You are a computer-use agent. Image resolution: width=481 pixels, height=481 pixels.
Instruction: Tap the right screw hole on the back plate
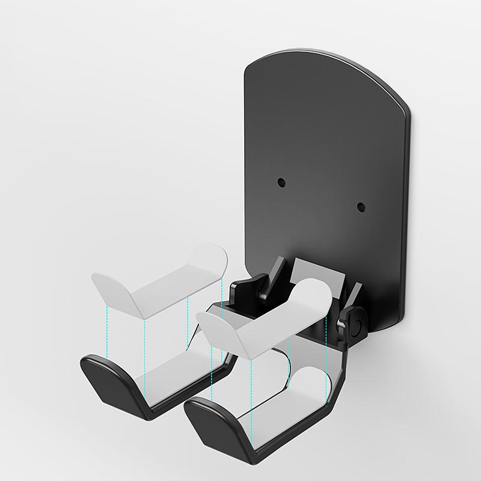pos(361,207)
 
